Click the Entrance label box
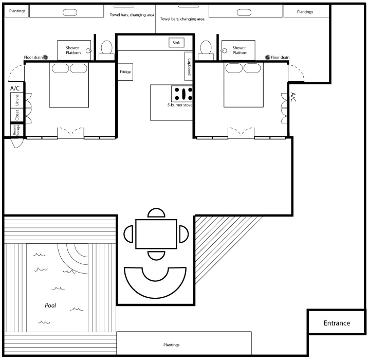pos(337,321)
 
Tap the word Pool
pos(50,305)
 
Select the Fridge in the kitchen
pos(125,72)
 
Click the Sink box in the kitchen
pos(176,43)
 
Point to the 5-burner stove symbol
pos(182,94)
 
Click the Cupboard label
pos(189,67)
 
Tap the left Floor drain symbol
pos(45,57)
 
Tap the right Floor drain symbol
pos(268,57)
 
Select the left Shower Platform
pos(74,50)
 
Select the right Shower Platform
pos(238,50)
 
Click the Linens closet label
pos(17,100)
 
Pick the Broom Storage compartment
pos(17,130)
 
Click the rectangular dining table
pos(156,234)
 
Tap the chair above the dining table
pos(156,212)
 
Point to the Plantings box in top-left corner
pos(16,11)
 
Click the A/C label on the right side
pos(293,97)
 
